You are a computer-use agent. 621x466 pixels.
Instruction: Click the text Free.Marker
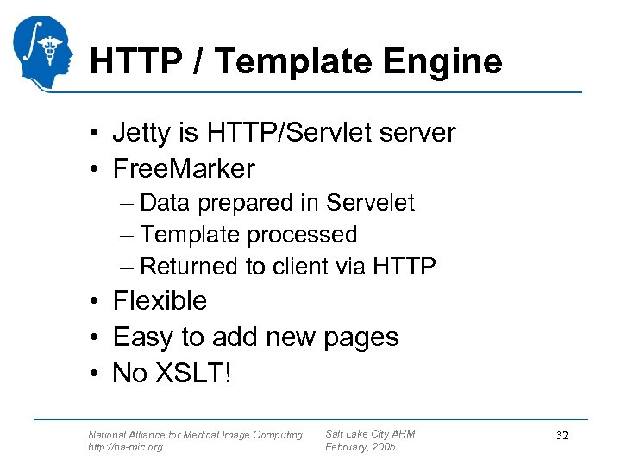click(x=184, y=167)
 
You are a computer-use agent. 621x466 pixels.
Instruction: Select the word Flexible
click(x=160, y=301)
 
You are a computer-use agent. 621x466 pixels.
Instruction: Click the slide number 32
click(x=562, y=437)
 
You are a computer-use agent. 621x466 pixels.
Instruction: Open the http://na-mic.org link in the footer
click(x=125, y=447)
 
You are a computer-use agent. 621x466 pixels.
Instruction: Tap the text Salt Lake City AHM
click(x=369, y=433)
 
